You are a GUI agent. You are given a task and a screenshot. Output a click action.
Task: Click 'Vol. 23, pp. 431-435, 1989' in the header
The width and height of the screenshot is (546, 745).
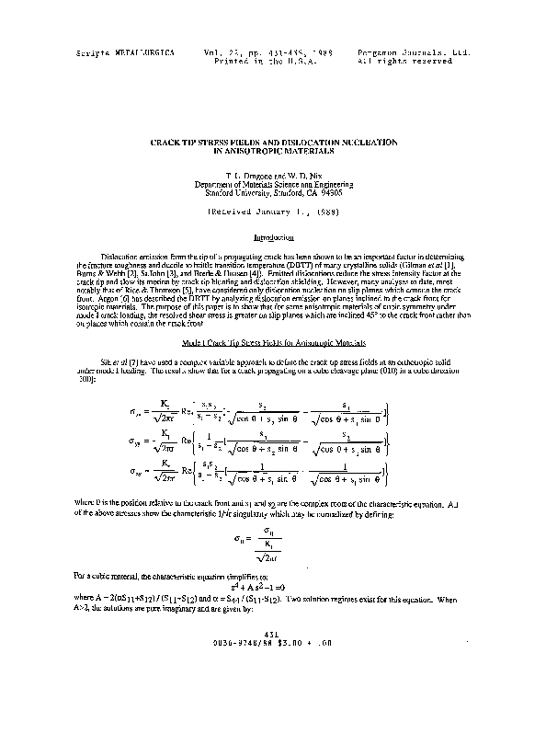(267, 53)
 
